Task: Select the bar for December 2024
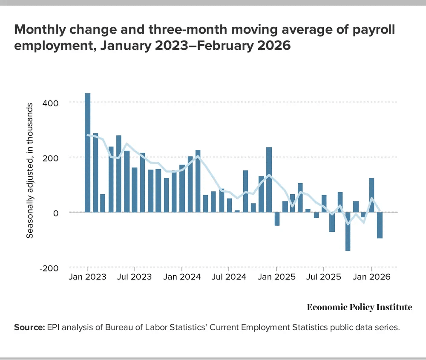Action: [x=269, y=179]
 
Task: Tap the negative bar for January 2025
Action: [x=277, y=219]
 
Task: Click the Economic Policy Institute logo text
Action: [x=359, y=307]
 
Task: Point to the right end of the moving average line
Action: [x=380, y=211]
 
